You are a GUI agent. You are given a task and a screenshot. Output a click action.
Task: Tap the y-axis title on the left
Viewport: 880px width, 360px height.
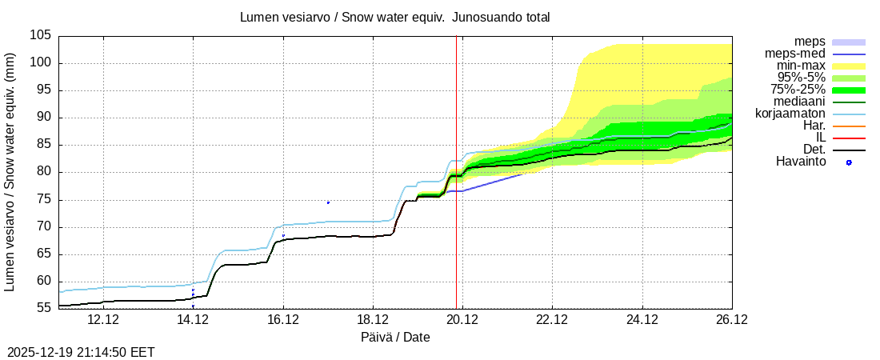click(10, 172)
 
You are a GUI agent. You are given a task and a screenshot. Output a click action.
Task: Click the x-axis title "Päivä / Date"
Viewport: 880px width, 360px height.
click(395, 338)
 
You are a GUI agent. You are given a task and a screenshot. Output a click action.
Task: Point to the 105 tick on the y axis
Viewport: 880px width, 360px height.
click(42, 36)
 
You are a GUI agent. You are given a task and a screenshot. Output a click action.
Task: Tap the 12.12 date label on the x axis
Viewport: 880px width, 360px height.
click(103, 321)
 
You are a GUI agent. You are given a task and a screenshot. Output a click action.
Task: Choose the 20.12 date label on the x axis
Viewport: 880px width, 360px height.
click(462, 321)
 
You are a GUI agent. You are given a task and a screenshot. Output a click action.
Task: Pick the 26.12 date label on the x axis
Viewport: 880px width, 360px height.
click(731, 321)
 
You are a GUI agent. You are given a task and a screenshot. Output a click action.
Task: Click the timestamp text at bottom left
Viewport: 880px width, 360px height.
click(81, 352)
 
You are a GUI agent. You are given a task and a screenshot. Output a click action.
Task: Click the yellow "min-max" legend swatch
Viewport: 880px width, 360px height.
click(849, 66)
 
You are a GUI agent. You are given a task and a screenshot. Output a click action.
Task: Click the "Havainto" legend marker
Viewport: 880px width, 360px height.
click(849, 162)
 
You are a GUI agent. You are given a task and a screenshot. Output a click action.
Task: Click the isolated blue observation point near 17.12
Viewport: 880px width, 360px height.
click(328, 202)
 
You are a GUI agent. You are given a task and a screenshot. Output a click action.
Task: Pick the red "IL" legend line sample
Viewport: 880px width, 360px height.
click(849, 138)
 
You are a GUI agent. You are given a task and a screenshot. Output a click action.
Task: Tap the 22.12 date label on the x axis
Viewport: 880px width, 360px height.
click(552, 321)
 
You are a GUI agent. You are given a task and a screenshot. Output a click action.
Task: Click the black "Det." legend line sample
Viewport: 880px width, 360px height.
click(849, 150)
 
